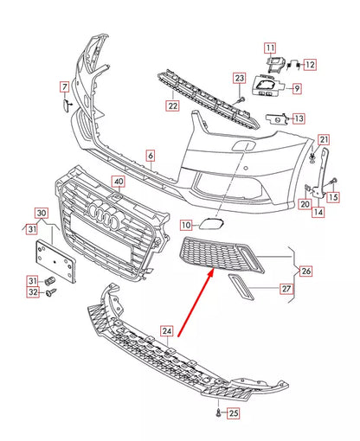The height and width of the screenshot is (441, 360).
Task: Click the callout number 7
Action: (x=63, y=86)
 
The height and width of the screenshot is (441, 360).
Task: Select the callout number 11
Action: (x=270, y=48)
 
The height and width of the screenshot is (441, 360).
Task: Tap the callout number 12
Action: (x=309, y=64)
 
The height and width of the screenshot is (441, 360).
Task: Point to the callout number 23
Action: (x=239, y=80)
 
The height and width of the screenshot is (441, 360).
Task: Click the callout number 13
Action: (x=298, y=118)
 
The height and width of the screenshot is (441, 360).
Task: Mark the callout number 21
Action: (x=324, y=140)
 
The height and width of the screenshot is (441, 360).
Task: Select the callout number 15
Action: (x=333, y=198)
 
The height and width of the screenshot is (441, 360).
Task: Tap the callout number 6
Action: (x=149, y=156)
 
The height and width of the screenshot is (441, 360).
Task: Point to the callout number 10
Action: (x=186, y=225)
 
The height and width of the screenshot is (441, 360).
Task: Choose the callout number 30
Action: (x=41, y=213)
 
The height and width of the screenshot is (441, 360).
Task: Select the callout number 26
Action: (x=305, y=271)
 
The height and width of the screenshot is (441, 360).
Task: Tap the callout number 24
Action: (x=167, y=329)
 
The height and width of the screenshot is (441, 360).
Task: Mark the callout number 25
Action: (x=232, y=414)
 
